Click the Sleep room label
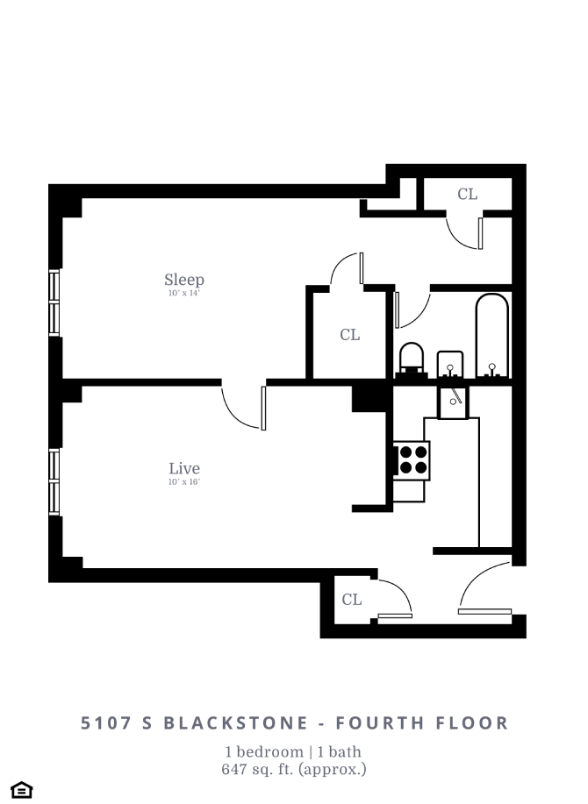184,280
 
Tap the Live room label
184,468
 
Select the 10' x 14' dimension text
184,294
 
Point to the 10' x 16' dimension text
184,482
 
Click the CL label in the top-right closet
468,194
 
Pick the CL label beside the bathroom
349,334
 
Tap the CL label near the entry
351,600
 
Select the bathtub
491,338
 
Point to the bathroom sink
450,362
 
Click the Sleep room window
54,302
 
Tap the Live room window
54,481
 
